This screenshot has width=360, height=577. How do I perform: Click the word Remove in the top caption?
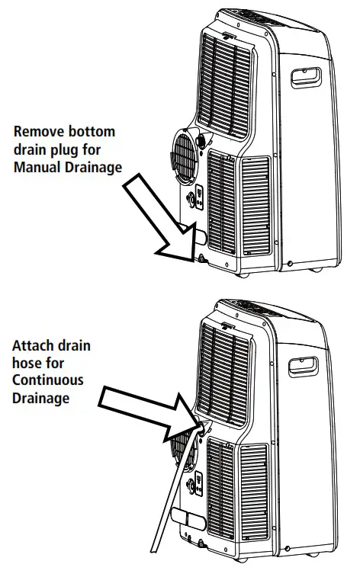point(37,131)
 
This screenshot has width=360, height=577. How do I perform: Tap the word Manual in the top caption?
point(37,168)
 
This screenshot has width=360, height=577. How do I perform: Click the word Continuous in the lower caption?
point(48,380)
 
